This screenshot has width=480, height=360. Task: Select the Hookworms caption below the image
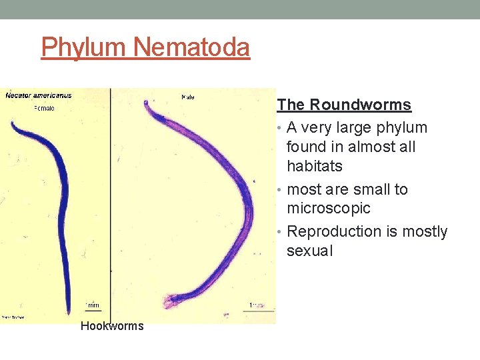111,326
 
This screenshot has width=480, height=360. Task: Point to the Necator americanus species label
39,95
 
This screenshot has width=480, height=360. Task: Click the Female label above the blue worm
44,108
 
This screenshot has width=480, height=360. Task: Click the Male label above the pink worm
188,97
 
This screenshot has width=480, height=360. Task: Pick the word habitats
314,166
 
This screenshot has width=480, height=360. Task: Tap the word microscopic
328,209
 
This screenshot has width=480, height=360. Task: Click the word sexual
309,251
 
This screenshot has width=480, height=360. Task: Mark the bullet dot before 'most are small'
281,190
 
